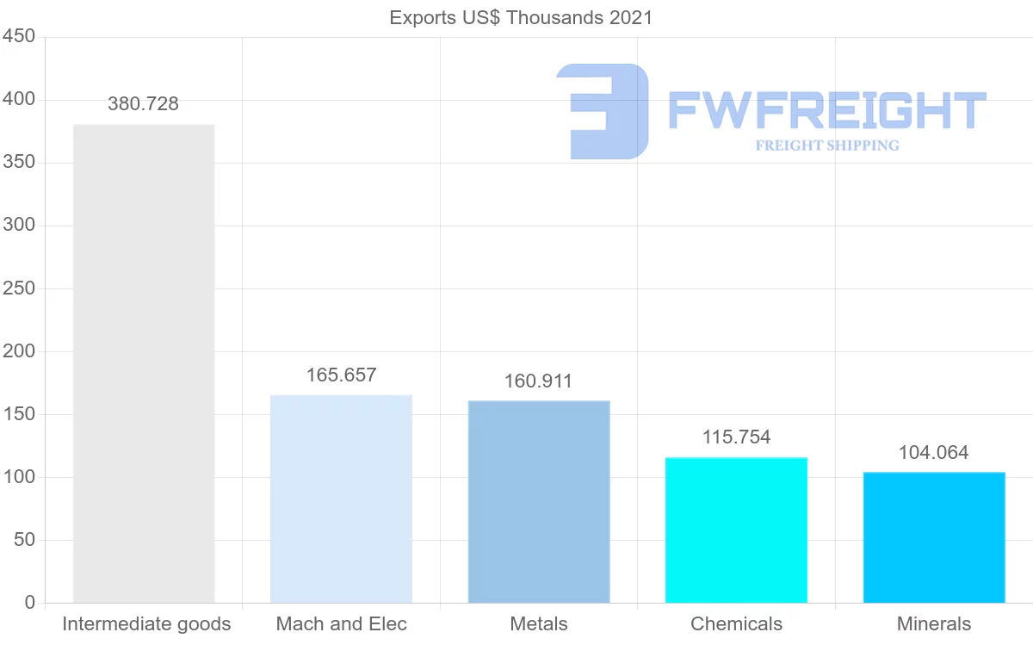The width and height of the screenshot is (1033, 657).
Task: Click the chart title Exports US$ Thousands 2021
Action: (521, 17)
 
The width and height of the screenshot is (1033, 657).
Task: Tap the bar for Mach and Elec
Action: (341, 499)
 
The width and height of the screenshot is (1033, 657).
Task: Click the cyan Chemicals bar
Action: (736, 530)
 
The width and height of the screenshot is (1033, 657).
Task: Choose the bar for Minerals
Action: (934, 537)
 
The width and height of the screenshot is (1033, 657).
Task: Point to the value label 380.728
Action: (144, 104)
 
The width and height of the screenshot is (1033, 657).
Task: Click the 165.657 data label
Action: (342, 375)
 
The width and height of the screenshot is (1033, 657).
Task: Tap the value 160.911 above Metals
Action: (538, 381)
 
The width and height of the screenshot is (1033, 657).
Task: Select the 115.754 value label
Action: (736, 437)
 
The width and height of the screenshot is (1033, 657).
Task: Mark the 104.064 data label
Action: (934, 453)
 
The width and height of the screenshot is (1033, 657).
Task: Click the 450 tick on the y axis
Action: (18, 37)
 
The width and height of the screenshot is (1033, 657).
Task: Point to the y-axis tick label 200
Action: (18, 351)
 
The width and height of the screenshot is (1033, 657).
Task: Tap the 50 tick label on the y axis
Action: (24, 540)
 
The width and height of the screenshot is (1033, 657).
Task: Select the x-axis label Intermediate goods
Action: (146, 624)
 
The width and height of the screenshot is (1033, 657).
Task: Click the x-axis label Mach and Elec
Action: (342, 624)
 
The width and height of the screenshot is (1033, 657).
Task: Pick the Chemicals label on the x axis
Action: (736, 624)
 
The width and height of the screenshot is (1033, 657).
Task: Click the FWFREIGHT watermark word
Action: (826, 111)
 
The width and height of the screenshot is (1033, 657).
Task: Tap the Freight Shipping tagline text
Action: (827, 146)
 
